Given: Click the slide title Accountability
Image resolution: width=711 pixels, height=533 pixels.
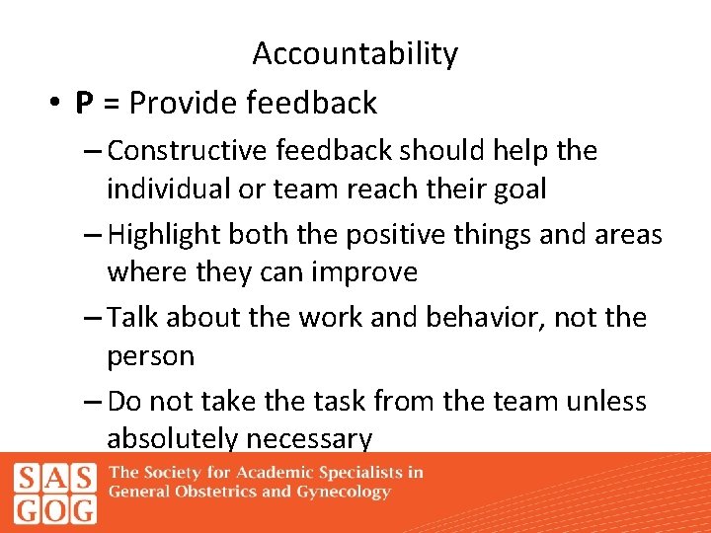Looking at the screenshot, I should (355, 53).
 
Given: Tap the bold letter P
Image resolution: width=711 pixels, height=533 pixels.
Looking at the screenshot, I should (84, 103).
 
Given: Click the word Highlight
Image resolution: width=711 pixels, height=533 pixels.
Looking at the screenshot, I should (165, 234).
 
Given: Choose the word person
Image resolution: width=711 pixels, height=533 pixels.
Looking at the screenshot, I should (151, 356).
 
